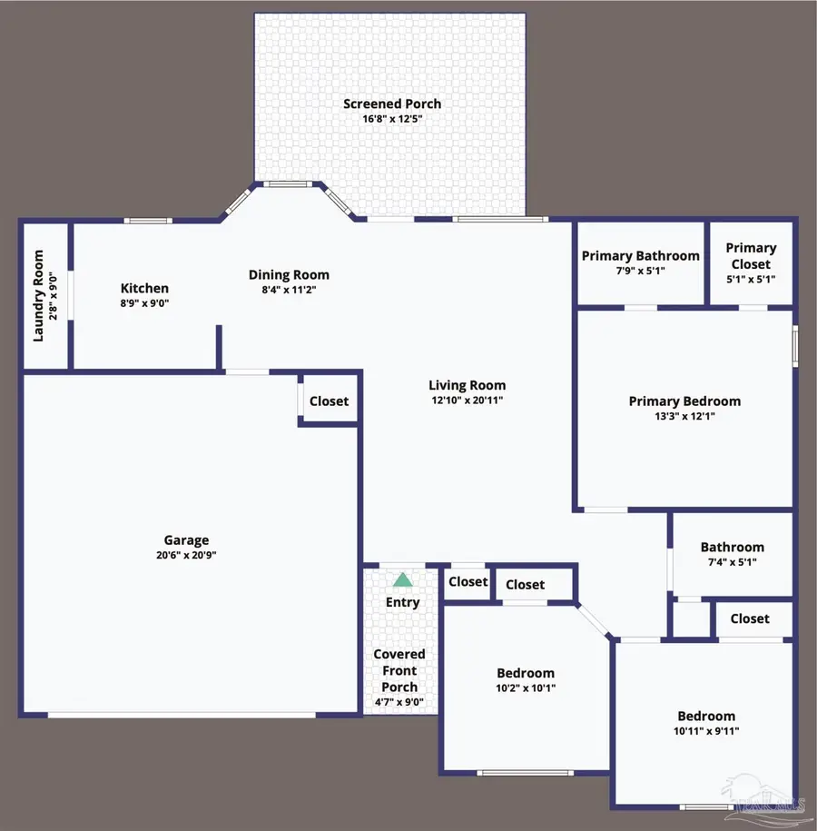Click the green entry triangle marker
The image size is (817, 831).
pyautogui.click(x=402, y=579)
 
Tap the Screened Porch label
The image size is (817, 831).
pyautogui.click(x=392, y=104)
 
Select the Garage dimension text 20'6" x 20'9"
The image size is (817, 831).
pyautogui.click(x=186, y=555)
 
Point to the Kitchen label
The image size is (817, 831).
pyautogui.click(x=144, y=289)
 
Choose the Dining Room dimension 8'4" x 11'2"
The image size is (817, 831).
pyautogui.click(x=289, y=290)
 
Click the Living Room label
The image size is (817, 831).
pyautogui.click(x=468, y=385)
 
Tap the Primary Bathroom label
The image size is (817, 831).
pyautogui.click(x=641, y=255)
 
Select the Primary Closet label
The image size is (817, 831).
pyautogui.click(x=751, y=255)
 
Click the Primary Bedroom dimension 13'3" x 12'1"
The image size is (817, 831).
pyautogui.click(x=684, y=416)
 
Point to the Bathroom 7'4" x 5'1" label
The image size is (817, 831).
pyautogui.click(x=732, y=547)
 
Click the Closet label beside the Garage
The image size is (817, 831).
pyautogui.click(x=329, y=401)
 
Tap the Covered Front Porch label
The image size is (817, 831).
pyautogui.click(x=399, y=670)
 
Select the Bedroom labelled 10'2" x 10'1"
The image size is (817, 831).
pyautogui.click(x=526, y=673)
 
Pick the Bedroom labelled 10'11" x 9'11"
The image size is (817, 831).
pyautogui.click(x=706, y=716)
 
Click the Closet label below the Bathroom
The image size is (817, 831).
pyautogui.click(x=750, y=618)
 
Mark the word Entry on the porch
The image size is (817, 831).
pyautogui.click(x=402, y=602)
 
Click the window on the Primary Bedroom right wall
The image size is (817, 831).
pyautogui.click(x=795, y=346)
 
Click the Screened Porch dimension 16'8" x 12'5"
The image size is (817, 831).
pyautogui.click(x=392, y=119)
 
